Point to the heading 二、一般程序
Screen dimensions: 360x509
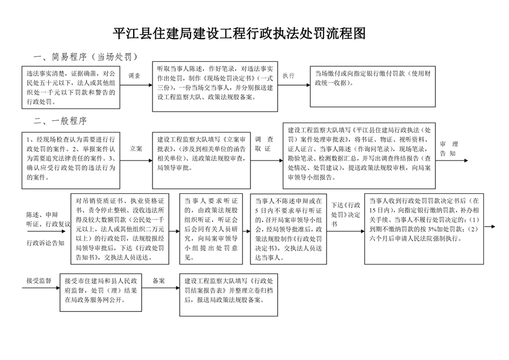(61, 121)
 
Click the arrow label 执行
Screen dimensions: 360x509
(289, 75)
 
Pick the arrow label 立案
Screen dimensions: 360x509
(135, 148)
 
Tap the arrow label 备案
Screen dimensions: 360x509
(159, 281)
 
